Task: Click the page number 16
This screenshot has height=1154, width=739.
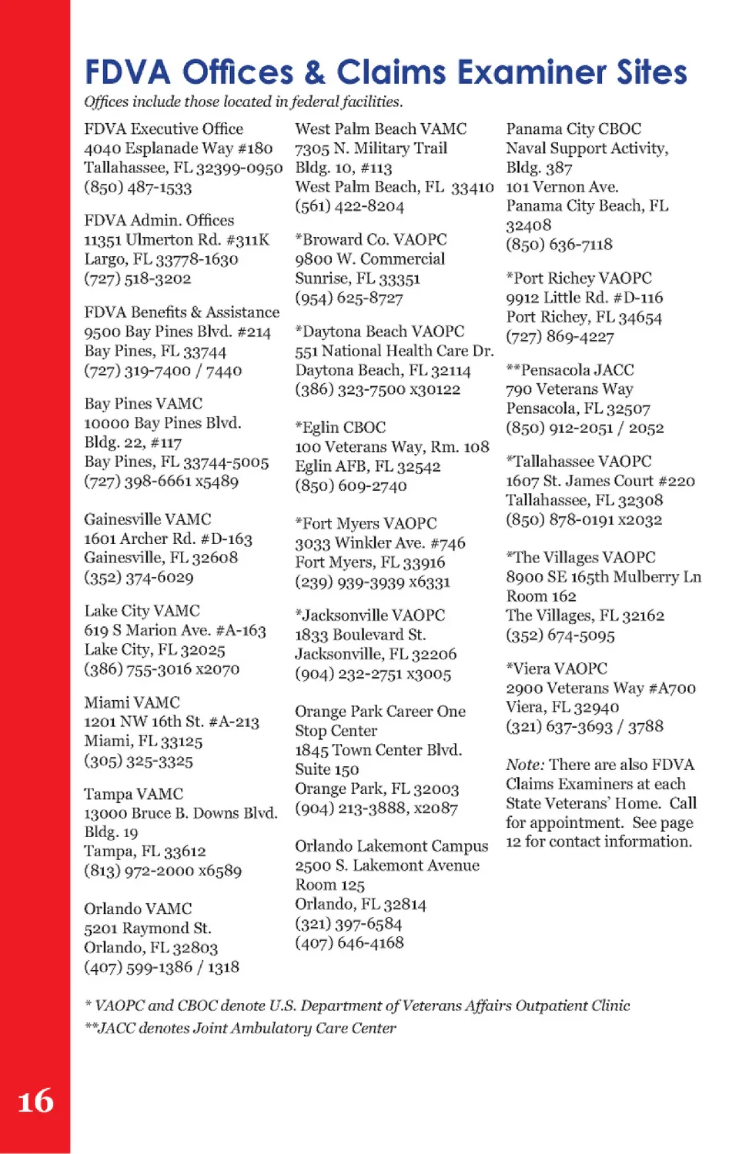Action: tap(35, 1101)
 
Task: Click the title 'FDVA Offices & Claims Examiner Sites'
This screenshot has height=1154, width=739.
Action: tap(385, 72)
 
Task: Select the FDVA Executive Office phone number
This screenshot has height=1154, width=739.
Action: tap(138, 187)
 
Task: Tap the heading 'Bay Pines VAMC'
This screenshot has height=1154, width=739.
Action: tap(143, 404)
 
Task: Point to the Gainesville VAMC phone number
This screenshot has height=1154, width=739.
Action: tap(139, 577)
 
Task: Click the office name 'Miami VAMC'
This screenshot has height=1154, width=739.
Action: tap(132, 702)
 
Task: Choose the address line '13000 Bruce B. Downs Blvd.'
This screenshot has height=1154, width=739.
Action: tap(180, 813)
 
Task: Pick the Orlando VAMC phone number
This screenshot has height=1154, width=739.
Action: tap(161, 967)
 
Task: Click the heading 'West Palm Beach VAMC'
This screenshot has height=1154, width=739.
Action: tap(380, 128)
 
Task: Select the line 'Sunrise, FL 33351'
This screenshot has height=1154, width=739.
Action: tap(357, 278)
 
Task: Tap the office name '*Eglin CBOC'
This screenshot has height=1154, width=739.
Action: tap(340, 428)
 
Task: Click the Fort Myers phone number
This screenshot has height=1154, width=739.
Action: tap(372, 582)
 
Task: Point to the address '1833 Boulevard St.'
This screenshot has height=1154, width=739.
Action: tap(360, 635)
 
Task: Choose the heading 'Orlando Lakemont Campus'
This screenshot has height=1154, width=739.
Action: tap(391, 846)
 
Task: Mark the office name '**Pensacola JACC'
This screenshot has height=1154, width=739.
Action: tap(570, 370)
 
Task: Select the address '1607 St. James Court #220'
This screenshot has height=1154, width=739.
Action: tap(600, 481)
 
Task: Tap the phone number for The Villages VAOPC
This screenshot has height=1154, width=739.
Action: tap(560, 635)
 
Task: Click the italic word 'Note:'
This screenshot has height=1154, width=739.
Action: tap(525, 765)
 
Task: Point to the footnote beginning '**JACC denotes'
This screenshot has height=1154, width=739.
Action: tap(240, 1029)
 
